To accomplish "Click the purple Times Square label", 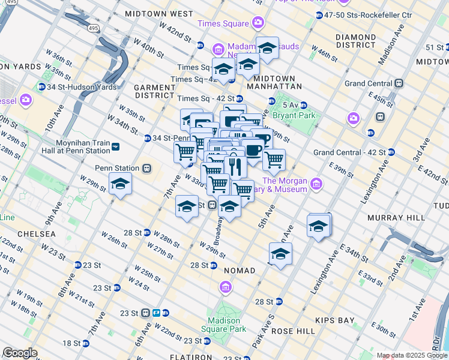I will pos(223,23).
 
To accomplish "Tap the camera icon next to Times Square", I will pos(258,23).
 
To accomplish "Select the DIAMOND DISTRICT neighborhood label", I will pos(356,41).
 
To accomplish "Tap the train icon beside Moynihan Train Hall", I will pos(115,146).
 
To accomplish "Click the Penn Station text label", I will pos(113,168).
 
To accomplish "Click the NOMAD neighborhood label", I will pos(240,271).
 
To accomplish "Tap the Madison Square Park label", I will pos(227,325).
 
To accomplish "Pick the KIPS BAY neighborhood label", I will pos(338,320).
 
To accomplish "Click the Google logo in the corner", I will pos(20,352).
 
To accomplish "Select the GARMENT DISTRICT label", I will pos(154,91).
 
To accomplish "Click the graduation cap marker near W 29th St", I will pos(120,185).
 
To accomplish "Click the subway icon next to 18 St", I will pos(86,343).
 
